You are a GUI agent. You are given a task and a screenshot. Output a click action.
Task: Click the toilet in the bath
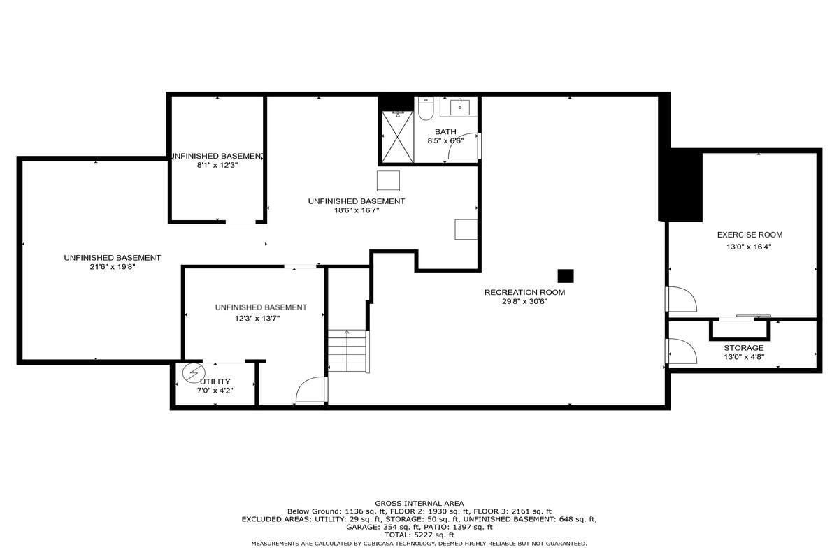click(426, 108)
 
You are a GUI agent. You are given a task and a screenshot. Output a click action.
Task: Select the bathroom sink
click(459, 107)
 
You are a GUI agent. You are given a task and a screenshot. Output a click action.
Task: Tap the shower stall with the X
click(397, 137)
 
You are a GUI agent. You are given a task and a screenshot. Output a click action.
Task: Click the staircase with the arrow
click(347, 351)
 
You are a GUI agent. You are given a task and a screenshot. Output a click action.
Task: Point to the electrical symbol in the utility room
click(194, 373)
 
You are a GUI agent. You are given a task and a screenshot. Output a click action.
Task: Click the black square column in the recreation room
click(565, 276)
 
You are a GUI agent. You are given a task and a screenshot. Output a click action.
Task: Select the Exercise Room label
click(750, 235)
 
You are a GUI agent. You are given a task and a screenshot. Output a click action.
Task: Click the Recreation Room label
click(524, 292)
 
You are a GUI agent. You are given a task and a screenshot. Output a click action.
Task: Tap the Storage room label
click(743, 348)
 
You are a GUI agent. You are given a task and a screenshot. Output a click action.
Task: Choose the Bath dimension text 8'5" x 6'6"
click(445, 140)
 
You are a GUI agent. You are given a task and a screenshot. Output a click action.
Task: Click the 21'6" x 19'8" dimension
click(113, 267)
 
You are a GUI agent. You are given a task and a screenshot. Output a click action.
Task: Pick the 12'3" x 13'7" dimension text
click(257, 319)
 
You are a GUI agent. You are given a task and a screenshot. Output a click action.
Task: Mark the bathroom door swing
click(464, 145)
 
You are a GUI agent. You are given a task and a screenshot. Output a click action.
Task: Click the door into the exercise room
click(682, 299)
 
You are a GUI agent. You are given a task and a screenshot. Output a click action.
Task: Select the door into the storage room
click(682, 351)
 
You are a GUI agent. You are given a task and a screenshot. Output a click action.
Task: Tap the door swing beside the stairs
click(310, 390)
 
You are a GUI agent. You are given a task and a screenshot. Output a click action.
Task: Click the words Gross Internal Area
click(419, 504)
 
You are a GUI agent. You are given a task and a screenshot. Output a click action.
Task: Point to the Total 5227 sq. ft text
click(419, 535)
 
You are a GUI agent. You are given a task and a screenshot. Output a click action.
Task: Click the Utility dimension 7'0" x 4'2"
click(215, 391)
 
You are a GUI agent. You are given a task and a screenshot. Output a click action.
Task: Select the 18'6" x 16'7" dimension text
click(357, 210)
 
